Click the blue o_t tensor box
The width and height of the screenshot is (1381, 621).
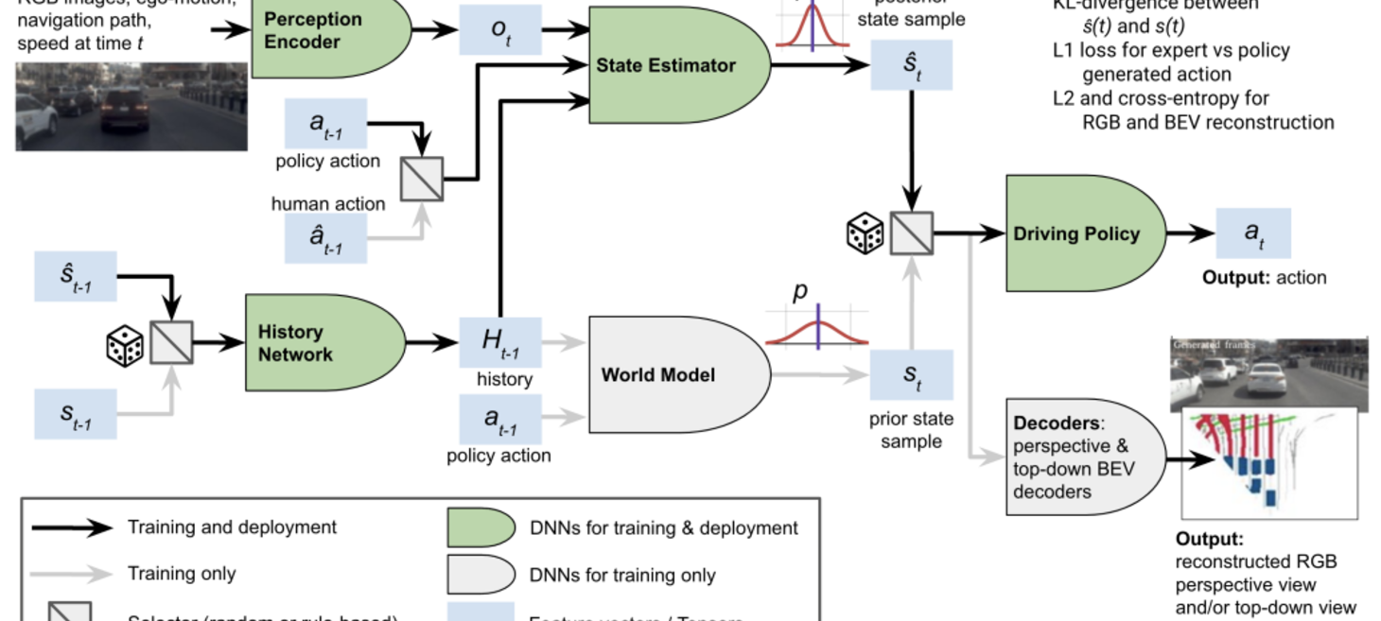point(500,29)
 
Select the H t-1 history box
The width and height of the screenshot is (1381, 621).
point(500,342)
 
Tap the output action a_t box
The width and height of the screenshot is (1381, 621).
point(1252,233)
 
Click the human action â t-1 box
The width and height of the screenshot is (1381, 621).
point(325,238)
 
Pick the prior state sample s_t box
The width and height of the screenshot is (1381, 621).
point(911,375)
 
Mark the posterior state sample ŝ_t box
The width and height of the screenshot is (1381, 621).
point(911,65)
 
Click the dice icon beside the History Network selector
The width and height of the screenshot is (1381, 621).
point(124,346)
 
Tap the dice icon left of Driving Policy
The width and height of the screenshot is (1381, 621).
point(865,233)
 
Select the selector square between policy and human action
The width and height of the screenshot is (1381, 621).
point(421,179)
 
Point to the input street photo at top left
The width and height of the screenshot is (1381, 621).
point(131,106)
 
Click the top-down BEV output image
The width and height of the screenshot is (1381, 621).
point(1269,464)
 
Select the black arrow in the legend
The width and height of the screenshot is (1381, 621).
point(72,528)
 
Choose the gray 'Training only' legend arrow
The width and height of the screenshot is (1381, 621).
point(72,574)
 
